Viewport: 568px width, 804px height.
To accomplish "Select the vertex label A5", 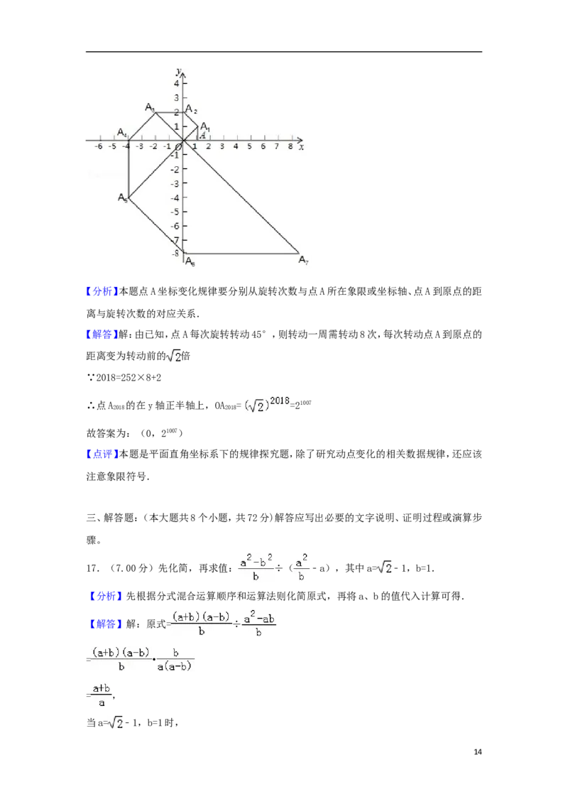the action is [x=123, y=198].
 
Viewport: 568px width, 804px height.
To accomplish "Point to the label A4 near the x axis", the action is [x=122, y=133].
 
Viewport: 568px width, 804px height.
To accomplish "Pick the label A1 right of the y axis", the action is [x=204, y=126].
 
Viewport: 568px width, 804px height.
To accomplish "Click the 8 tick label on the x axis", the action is [x=290, y=146].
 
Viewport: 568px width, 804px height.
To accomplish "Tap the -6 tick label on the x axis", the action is [x=99, y=146].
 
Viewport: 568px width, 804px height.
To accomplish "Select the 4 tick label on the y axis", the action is [x=177, y=83].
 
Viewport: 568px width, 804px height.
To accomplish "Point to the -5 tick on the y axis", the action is [x=175, y=212].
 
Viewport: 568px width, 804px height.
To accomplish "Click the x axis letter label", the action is [x=302, y=147].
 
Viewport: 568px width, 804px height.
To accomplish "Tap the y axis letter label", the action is [x=179, y=70].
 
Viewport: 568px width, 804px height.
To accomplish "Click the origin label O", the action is [x=180, y=147].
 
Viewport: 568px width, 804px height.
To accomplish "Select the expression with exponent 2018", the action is [x=267, y=403].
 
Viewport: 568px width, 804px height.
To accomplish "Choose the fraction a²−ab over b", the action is [x=258, y=625].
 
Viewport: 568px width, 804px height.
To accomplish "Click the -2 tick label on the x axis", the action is [x=153, y=146].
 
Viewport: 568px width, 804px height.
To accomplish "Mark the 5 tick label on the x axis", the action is [x=249, y=146].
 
